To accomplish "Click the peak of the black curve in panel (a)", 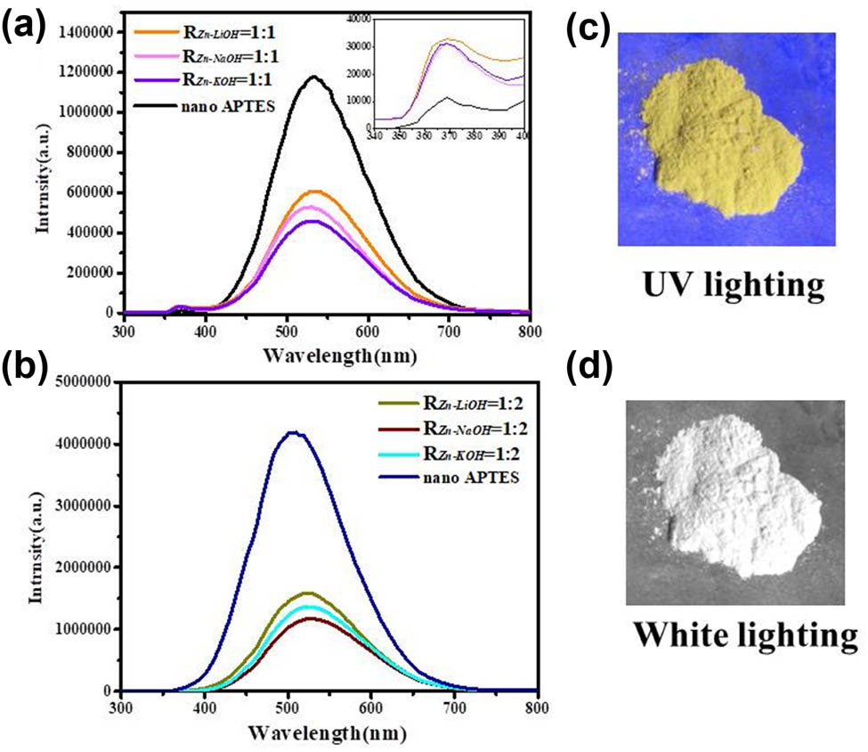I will click(x=313, y=77).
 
